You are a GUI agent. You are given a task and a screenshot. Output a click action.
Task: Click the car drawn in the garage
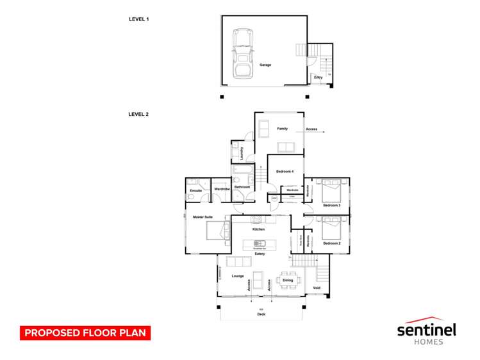tap(242, 54)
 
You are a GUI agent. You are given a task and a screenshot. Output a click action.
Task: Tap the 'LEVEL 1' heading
tap(138, 20)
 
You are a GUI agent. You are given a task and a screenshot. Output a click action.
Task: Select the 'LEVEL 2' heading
tap(138, 115)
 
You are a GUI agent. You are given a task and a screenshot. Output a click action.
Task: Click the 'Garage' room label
tap(265, 65)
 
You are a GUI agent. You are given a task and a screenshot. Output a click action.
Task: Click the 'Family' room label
tap(282, 129)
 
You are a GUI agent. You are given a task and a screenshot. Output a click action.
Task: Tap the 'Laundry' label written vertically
tap(241, 153)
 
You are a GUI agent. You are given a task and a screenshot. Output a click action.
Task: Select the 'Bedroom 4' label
tap(285, 172)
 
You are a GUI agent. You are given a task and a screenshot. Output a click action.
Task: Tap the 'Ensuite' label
tap(196, 190)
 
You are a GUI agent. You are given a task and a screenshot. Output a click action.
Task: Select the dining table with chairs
tap(288, 280)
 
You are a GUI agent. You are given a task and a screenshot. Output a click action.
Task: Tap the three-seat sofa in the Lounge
tap(238, 261)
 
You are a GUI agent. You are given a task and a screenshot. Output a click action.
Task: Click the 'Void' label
tap(317, 288)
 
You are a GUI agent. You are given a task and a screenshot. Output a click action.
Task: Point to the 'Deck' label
tap(261, 315)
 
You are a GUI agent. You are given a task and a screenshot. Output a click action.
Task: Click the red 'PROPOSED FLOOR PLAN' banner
tap(85, 333)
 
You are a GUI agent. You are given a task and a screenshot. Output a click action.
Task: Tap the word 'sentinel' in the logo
tap(426, 330)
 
